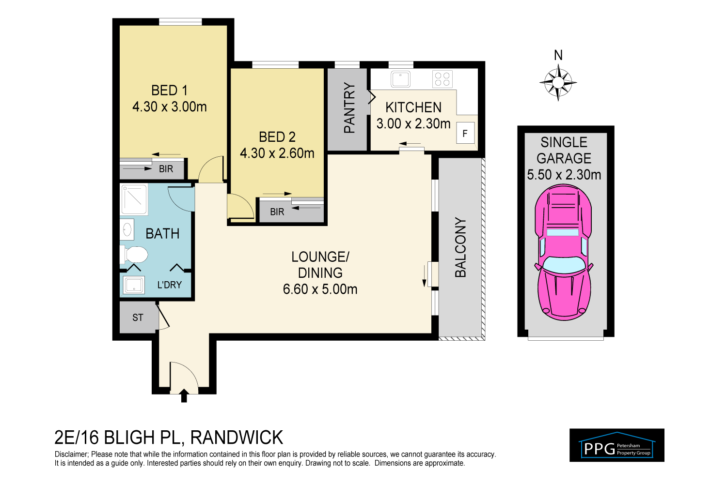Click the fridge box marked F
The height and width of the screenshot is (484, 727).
coord(465,133)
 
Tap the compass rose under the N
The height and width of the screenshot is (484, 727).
coord(558,82)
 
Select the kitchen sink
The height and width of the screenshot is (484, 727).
coord(400,79)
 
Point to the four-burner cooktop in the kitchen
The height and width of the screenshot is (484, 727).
coord(443,79)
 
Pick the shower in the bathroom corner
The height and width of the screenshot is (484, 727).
coord(134,199)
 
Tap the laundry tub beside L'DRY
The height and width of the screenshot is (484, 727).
coord(134,284)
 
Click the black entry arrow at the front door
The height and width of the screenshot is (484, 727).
coord(184,395)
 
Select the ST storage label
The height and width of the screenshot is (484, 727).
coord(138,318)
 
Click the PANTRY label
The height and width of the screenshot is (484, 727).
coord(349,108)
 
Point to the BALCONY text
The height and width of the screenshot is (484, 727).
coord(460,247)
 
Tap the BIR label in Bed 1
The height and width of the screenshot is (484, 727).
coord(166,169)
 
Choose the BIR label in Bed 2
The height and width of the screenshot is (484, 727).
coord(277,212)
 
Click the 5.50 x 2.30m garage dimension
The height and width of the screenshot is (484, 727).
coord(564,175)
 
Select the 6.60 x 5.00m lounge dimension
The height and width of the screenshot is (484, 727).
coord(320,289)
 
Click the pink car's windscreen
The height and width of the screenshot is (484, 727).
coord(564,265)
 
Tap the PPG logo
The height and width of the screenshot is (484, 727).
coord(616,445)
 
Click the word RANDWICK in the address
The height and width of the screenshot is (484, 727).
coord(237,438)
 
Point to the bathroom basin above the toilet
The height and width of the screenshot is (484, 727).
coord(127,229)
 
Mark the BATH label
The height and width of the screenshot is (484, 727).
coord(162,234)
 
